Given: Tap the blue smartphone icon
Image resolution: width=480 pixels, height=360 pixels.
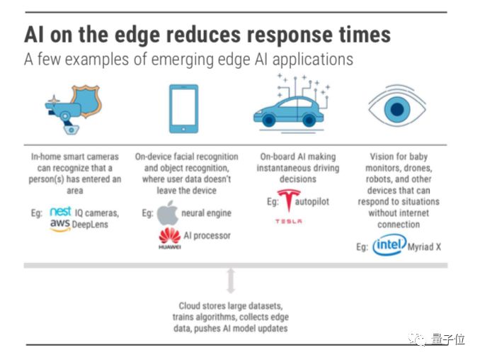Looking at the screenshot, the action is click(183, 108).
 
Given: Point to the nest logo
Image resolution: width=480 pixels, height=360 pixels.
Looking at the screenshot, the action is click(61, 211).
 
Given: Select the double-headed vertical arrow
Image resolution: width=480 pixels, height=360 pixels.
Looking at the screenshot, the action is click(230, 280).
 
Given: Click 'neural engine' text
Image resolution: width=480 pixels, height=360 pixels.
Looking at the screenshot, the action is click(207, 213).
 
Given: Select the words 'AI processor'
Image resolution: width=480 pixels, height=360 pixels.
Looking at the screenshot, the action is click(207, 235).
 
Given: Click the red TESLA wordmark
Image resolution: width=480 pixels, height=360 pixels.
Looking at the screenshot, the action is click(288, 221).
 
